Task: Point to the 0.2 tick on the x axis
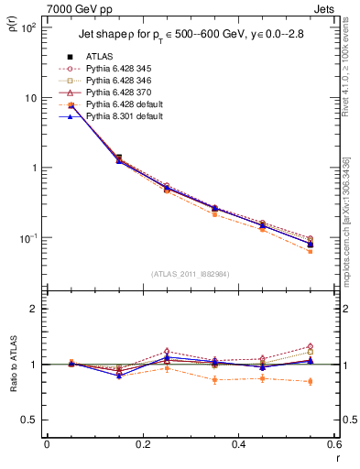click(x=143, y=445)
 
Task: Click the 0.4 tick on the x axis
click(x=239, y=445)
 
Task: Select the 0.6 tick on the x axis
click(x=333, y=445)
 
